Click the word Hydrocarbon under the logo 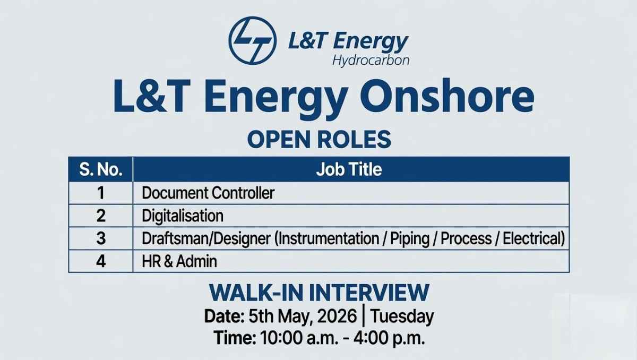[x=371, y=59]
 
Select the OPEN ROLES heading [x=319, y=139]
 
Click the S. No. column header [x=101, y=169]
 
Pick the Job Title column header [x=349, y=169]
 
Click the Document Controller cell [x=208, y=192]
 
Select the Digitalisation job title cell [x=183, y=216]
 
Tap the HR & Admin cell [x=179, y=261]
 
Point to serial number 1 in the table [x=101, y=192]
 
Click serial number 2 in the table [x=101, y=216]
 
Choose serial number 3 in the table [x=101, y=238]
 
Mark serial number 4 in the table [x=101, y=261]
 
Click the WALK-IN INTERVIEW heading [x=319, y=293]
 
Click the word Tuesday [x=402, y=316]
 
